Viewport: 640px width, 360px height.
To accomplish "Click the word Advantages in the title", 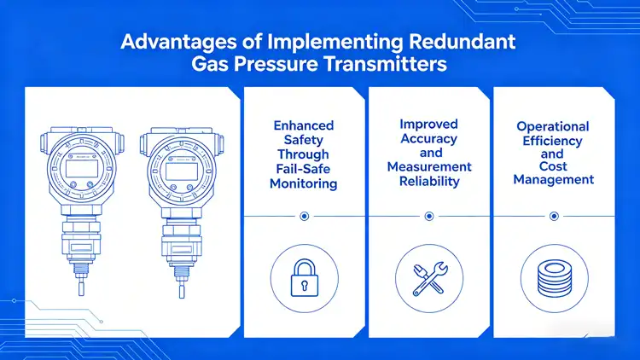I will [x=167, y=43].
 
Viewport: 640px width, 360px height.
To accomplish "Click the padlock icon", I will [x=305, y=279].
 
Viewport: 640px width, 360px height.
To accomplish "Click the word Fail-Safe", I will [x=305, y=169].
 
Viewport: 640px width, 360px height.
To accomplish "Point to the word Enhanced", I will [x=305, y=125].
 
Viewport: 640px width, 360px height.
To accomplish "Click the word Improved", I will [x=429, y=125].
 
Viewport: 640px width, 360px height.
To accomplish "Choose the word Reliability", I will [x=429, y=182].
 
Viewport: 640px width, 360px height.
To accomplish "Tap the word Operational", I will [x=554, y=126].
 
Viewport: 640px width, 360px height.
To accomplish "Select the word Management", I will [x=554, y=180].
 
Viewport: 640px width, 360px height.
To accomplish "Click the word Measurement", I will [x=429, y=167].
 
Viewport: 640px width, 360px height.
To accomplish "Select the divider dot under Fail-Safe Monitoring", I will [x=305, y=217].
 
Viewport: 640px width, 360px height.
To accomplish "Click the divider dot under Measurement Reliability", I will [x=429, y=217].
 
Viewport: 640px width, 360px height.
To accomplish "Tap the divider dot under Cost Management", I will [x=554, y=217].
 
